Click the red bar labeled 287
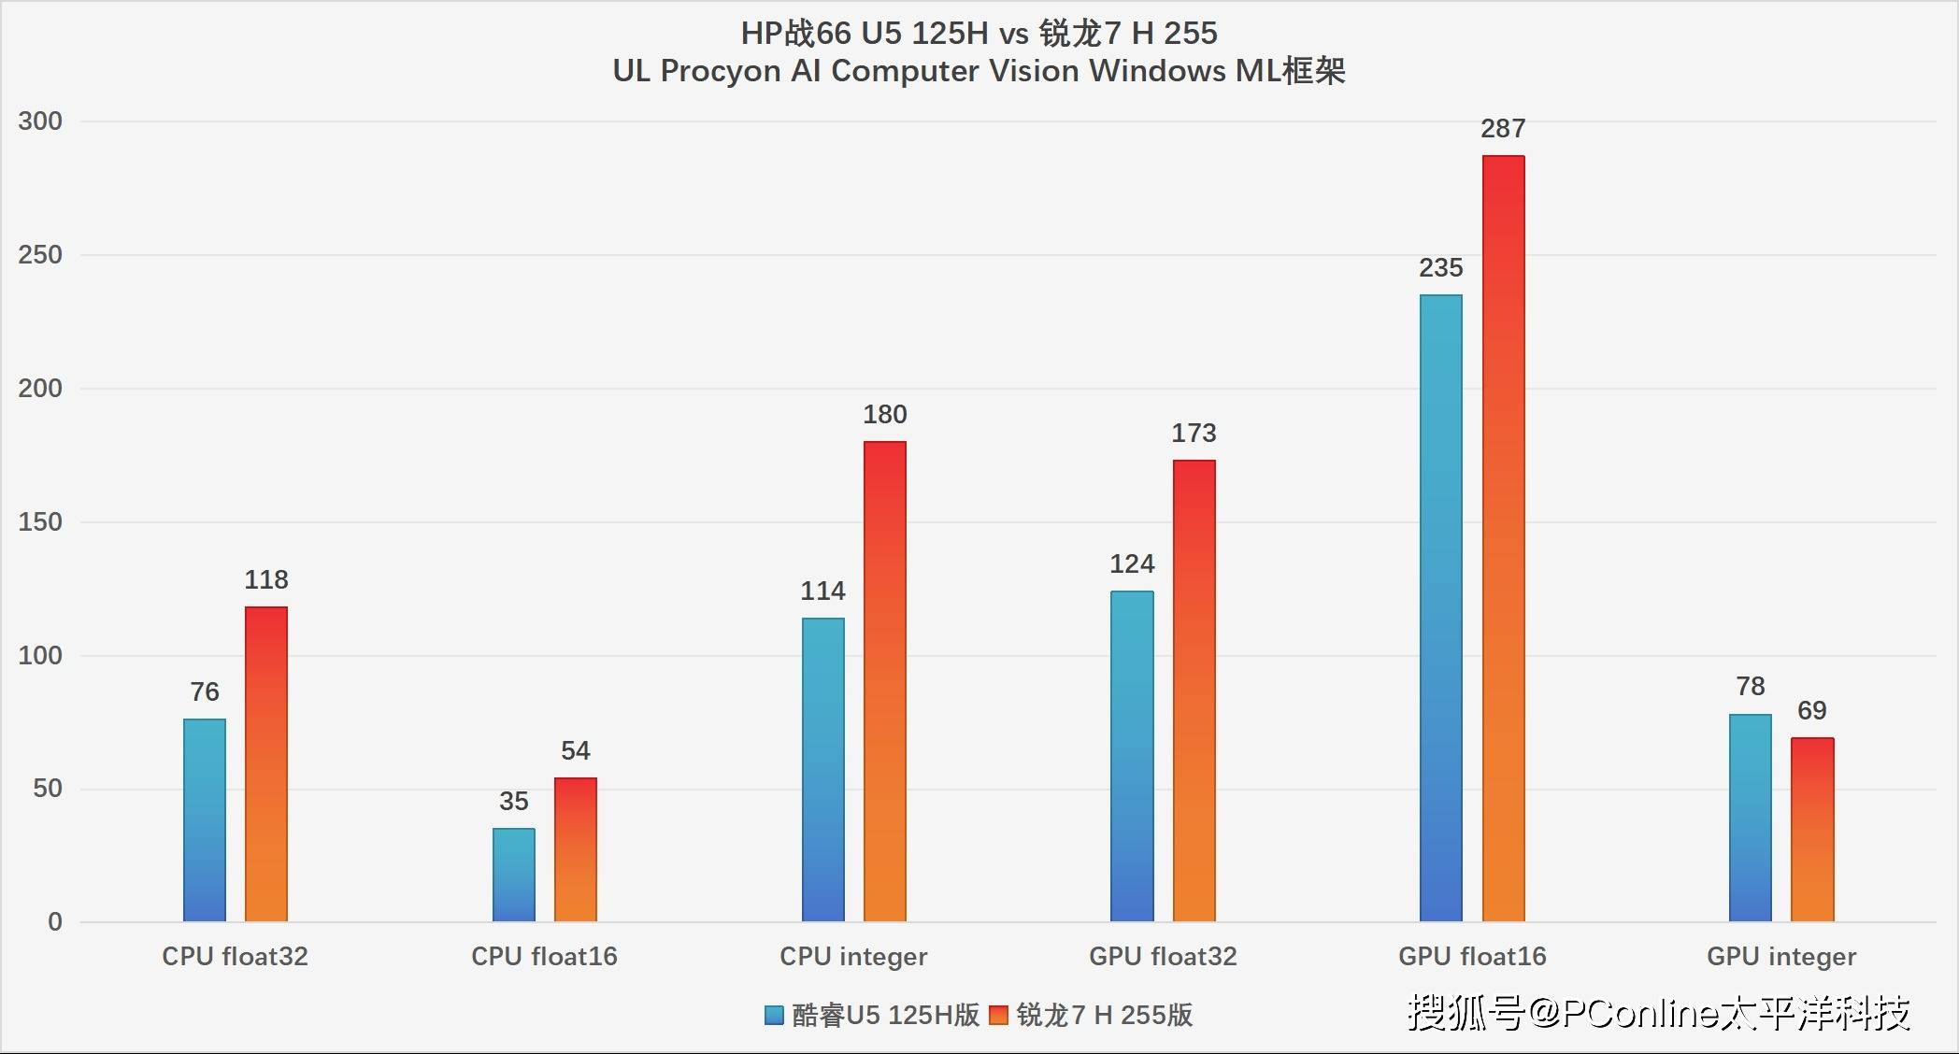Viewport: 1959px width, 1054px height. tap(1503, 538)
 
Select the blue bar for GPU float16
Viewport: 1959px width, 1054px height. tap(1441, 607)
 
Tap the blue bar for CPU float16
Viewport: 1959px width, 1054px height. tap(514, 875)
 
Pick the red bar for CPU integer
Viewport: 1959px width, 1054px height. tap(884, 681)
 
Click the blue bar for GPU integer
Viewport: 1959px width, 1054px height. tap(1751, 818)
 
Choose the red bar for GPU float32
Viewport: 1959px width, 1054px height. tap(1194, 691)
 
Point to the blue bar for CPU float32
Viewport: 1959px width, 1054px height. tap(205, 819)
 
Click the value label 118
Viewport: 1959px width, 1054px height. tap(266, 580)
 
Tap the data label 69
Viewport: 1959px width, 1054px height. tap(1811, 711)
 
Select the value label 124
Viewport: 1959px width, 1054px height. tap(1132, 564)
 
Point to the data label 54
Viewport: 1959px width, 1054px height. tap(576, 751)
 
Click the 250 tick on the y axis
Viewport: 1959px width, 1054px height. tap(40, 255)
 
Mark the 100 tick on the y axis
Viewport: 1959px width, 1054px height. tap(40, 656)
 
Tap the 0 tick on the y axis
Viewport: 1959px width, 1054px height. tap(55, 922)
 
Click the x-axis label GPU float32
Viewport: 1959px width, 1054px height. tap(1163, 957)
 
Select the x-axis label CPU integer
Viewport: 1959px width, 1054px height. tap(853, 957)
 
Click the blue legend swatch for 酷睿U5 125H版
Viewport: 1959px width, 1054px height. tap(774, 1016)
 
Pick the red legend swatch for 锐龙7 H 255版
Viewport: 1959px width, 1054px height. tap(998, 1016)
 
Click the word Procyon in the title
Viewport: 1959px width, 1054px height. tap(721, 71)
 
